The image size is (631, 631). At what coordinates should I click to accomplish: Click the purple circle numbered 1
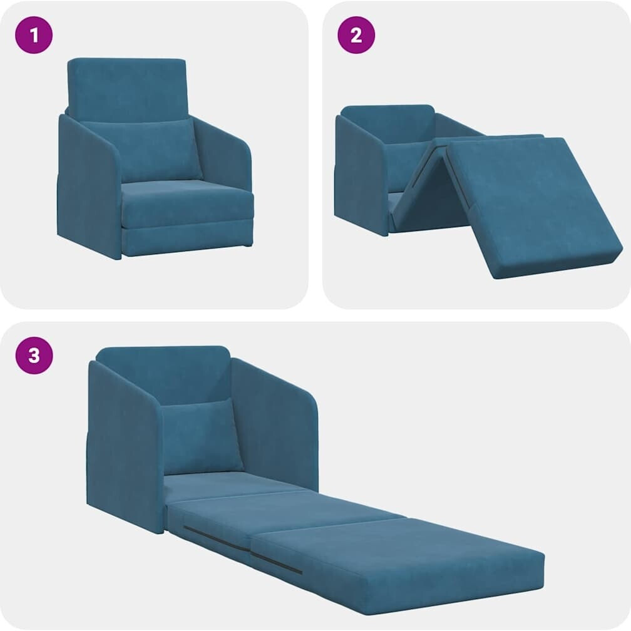34,35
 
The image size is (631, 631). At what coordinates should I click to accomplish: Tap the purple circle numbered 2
356,35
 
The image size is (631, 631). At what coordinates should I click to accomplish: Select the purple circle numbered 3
34,356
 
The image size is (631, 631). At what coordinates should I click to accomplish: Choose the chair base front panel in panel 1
188,241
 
